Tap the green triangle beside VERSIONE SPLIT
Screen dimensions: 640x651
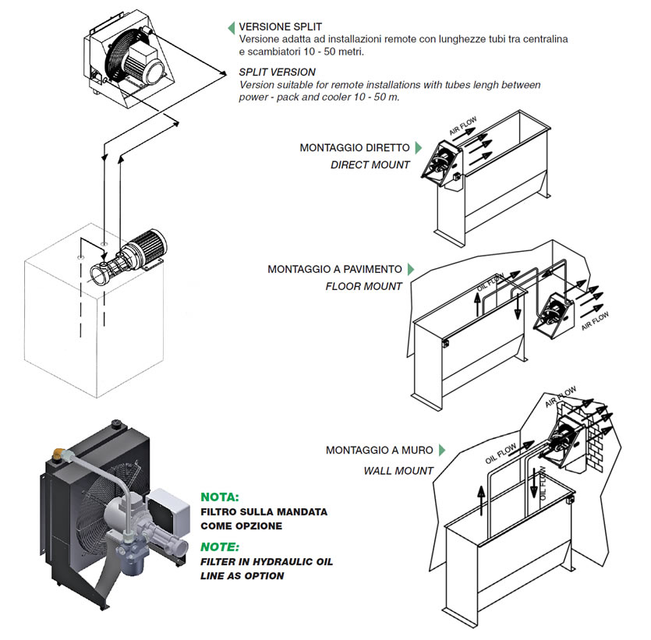click(231, 27)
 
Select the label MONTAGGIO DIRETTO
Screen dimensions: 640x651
click(354, 147)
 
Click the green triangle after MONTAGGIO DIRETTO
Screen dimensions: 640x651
click(419, 147)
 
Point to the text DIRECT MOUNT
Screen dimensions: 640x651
click(370, 164)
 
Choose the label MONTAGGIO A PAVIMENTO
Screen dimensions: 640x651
click(335, 269)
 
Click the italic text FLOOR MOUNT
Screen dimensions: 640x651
click(364, 286)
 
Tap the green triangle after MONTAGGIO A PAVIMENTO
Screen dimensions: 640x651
click(411, 269)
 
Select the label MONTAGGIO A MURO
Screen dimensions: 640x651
click(380, 451)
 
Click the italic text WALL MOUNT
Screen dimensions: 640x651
click(398, 471)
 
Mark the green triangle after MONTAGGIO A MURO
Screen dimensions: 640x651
click(441, 451)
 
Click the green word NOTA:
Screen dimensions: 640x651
click(220, 497)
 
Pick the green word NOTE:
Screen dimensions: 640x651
click(220, 546)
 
